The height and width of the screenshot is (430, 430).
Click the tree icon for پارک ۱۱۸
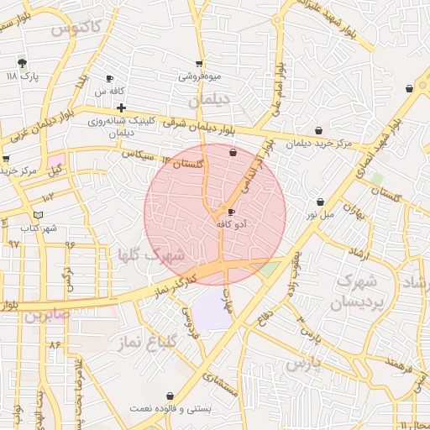point(22,62)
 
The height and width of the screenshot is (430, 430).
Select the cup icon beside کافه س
point(109,78)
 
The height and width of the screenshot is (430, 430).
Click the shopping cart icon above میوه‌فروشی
point(199,63)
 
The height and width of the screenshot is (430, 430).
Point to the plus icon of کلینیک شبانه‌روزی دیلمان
point(122,107)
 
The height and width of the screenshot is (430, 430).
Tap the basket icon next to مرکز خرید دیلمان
point(318,130)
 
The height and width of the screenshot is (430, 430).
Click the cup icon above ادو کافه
point(231,212)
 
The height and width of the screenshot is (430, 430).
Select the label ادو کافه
point(230,224)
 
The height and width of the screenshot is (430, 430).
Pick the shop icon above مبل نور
point(321,202)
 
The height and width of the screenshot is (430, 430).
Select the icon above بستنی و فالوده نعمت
point(171,395)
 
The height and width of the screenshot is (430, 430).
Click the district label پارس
point(304,364)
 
